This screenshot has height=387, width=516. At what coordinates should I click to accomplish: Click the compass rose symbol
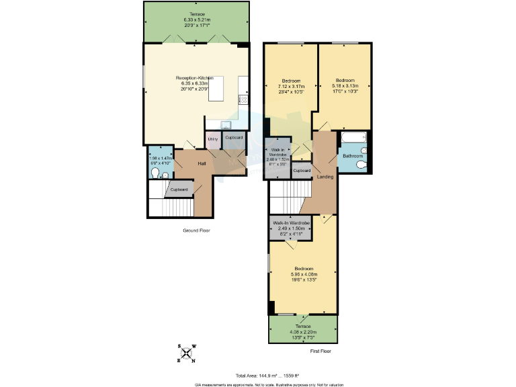click(x=186, y=353)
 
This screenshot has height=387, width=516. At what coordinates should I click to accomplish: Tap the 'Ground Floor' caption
click(x=197, y=230)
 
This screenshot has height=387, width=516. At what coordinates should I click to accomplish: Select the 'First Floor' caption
click(x=321, y=351)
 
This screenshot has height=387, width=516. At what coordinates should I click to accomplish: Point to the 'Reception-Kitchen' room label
click(x=194, y=77)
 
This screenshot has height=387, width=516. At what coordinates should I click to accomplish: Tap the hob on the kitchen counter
click(x=243, y=101)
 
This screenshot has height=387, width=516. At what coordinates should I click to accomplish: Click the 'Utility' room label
click(x=213, y=138)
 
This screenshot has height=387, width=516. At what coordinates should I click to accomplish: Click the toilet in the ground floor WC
click(x=156, y=173)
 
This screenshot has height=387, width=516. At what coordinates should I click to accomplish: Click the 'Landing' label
click(x=325, y=177)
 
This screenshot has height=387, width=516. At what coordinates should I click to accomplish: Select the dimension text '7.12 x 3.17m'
click(x=291, y=87)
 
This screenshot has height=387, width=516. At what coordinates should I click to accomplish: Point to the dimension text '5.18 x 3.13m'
click(x=345, y=86)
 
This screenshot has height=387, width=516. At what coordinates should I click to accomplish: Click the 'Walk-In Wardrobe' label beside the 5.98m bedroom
click(x=291, y=222)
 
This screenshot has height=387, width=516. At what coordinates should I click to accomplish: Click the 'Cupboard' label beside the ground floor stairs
click(x=179, y=189)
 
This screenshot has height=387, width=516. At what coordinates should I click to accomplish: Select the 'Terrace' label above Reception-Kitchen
click(x=196, y=14)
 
